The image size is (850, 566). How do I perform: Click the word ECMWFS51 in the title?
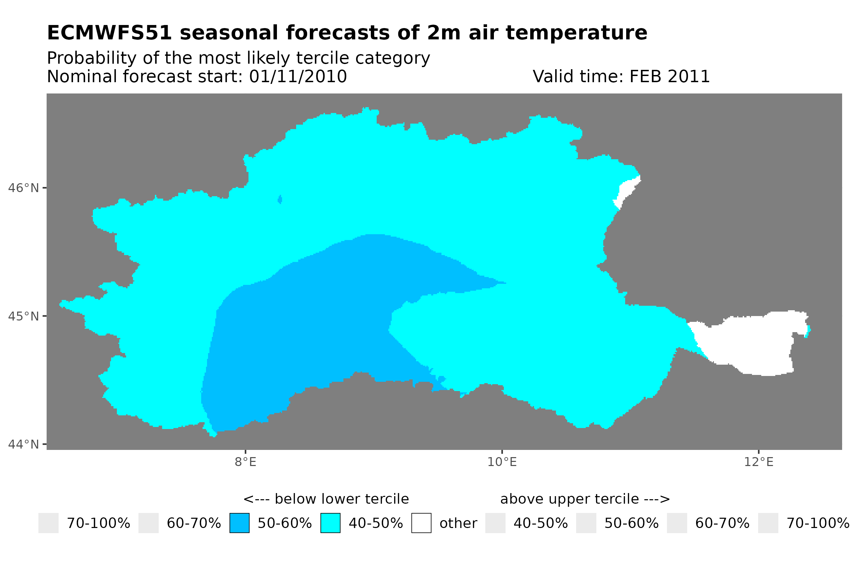(109, 33)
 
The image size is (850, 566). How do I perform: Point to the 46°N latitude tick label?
(23, 188)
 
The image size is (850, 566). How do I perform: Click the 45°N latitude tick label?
(23, 316)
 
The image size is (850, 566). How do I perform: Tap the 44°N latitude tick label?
(23, 444)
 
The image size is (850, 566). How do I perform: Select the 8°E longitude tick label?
(245, 462)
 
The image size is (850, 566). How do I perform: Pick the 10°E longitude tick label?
(502, 462)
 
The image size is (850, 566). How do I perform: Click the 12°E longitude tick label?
(758, 462)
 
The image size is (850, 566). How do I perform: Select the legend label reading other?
(458, 524)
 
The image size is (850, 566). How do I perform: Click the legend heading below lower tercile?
(326, 499)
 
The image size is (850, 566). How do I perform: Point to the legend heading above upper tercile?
(585, 499)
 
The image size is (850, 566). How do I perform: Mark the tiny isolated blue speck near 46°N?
(280, 199)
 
